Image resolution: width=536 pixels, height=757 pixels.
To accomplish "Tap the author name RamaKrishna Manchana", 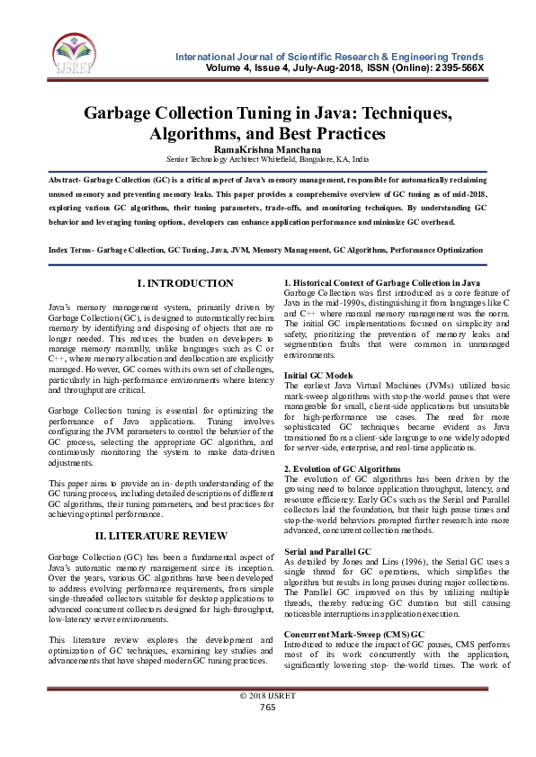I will point(268,148).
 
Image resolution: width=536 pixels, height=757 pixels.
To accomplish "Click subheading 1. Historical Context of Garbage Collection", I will point(381,283).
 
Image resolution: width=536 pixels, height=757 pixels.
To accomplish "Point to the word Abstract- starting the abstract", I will point(68,180).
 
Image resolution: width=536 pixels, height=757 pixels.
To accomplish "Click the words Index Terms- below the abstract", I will point(70,250).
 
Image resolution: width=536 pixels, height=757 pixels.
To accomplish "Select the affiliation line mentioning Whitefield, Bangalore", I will point(268,159).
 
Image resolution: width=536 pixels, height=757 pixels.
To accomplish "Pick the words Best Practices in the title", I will point(336,134).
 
